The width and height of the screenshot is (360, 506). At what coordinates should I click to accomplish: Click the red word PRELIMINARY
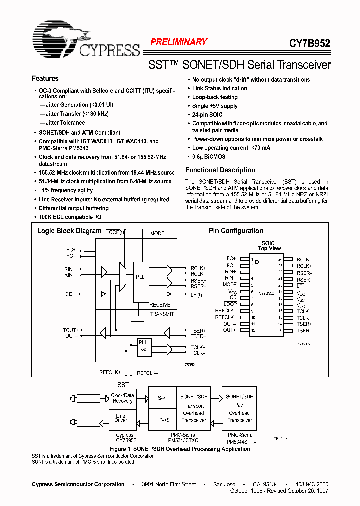[179, 42]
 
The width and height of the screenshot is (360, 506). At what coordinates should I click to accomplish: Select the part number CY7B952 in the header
[309, 43]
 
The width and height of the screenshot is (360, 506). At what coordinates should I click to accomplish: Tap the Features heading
[45, 78]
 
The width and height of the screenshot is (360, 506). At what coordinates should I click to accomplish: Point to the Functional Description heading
[220, 170]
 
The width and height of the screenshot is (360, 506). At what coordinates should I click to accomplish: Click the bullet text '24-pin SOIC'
[207, 115]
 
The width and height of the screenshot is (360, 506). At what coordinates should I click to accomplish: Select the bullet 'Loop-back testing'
[215, 97]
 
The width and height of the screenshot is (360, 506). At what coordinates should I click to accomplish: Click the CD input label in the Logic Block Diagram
[69, 294]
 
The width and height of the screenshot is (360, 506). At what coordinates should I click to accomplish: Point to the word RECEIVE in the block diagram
[160, 305]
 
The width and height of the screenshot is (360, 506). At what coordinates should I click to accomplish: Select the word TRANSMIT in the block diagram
[162, 314]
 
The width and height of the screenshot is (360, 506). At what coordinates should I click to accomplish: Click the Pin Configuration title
[235, 231]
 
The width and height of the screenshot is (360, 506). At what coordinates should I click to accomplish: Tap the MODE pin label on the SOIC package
[230, 285]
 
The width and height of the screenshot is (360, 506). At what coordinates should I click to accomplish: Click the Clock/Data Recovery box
[122, 398]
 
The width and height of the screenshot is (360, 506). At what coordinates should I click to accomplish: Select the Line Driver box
[121, 418]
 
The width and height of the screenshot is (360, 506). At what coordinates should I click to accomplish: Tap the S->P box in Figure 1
[163, 398]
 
